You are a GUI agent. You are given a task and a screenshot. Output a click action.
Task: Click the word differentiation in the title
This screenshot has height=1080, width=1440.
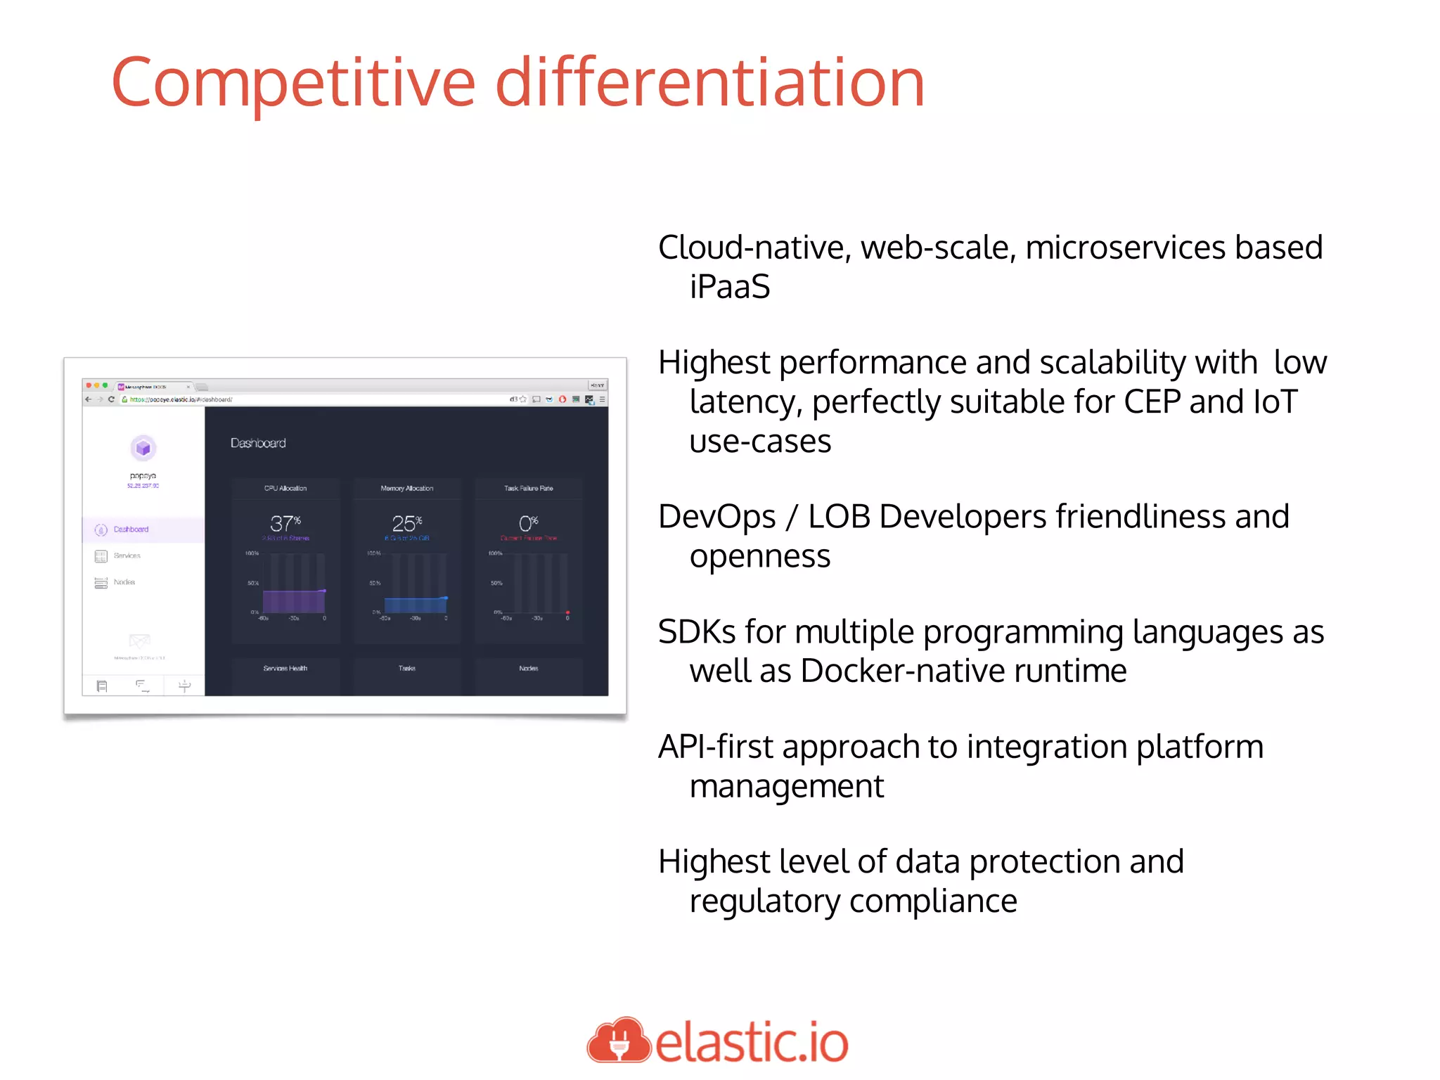[709, 83]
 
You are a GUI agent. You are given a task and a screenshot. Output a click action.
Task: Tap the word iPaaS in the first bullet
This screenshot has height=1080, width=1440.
[729, 287]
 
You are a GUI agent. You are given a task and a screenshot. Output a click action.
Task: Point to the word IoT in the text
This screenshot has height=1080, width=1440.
[1275, 402]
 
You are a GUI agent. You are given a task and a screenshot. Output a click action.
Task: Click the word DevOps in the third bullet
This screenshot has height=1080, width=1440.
[716, 517]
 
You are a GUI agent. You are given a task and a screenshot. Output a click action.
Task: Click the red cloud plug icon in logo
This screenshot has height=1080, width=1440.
[618, 1041]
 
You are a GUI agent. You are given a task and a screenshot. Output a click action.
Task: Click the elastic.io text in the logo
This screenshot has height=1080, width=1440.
[752, 1042]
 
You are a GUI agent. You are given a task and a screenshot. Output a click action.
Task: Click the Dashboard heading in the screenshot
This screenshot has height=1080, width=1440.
[258, 443]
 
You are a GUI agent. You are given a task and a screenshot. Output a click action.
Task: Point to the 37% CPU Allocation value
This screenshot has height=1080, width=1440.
[285, 523]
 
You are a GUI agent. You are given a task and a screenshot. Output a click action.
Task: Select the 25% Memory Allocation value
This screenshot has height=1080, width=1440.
[406, 523]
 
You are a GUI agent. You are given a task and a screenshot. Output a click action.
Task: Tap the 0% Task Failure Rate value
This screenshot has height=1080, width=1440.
[528, 523]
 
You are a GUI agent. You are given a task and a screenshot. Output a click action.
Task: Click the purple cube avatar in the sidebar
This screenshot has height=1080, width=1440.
[143, 448]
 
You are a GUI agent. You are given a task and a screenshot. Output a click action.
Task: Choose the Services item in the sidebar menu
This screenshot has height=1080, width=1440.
[127, 555]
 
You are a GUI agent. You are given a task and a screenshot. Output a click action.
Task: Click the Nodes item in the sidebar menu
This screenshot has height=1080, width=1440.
[124, 582]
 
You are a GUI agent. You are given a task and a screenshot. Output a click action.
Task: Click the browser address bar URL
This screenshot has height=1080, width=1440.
[181, 399]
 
